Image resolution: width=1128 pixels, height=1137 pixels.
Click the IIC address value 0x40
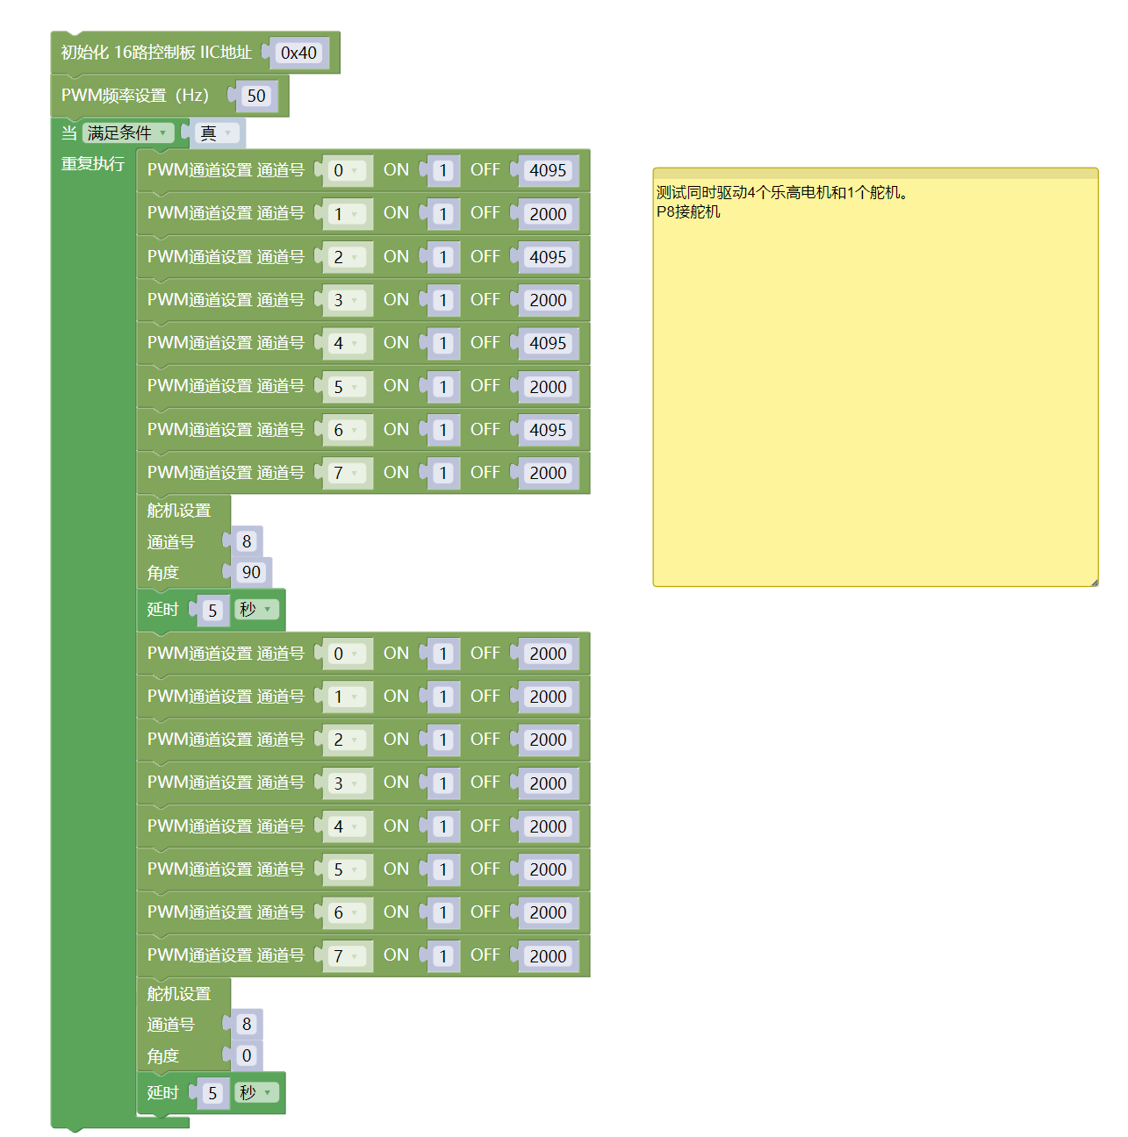tap(298, 53)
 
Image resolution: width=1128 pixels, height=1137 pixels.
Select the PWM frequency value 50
tap(255, 96)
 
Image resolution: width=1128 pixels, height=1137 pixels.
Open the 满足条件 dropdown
tap(127, 133)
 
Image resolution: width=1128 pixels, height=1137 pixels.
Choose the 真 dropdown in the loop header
tap(215, 133)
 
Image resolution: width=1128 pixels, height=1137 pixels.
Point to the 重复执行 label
tap(92, 164)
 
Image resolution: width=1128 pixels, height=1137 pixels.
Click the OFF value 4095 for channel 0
tap(548, 170)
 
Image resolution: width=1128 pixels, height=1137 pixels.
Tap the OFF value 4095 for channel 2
tap(548, 257)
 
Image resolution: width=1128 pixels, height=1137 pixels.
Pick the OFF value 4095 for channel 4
tap(548, 343)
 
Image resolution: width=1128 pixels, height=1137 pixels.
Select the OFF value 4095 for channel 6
tap(548, 430)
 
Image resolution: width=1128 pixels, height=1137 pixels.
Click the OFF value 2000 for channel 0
tap(548, 654)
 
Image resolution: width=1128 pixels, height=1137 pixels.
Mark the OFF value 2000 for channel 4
tap(548, 826)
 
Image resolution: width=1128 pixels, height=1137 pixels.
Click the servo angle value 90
tap(251, 572)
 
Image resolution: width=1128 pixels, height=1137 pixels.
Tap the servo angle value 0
tap(247, 1055)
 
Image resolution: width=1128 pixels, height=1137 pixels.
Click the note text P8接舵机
tap(688, 211)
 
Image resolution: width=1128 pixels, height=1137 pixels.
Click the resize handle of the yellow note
tap(1094, 582)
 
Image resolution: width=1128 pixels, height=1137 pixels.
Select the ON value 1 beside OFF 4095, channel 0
tap(443, 170)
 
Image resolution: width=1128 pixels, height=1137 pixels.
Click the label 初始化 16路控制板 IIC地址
tap(156, 53)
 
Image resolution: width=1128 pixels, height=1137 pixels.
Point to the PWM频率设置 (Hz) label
tap(135, 96)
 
